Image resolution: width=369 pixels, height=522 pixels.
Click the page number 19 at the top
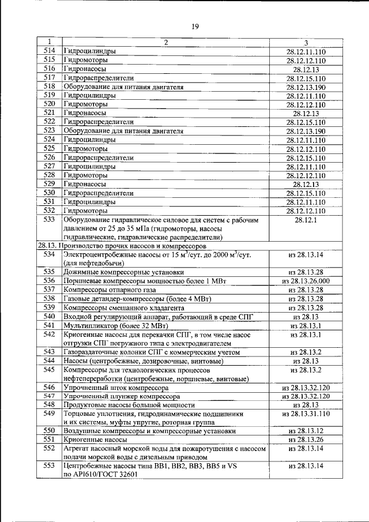click(195, 25)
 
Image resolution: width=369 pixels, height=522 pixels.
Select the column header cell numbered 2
click(165, 43)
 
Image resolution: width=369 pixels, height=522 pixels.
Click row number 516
click(49, 69)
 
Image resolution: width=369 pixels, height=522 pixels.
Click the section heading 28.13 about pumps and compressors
click(123, 245)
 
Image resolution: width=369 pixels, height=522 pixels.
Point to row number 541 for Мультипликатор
click(49, 325)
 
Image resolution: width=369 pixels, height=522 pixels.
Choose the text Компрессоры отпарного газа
click(112, 290)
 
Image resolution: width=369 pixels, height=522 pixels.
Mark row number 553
click(49, 465)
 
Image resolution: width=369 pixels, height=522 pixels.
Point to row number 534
click(49, 254)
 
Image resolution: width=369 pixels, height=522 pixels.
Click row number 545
click(49, 369)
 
